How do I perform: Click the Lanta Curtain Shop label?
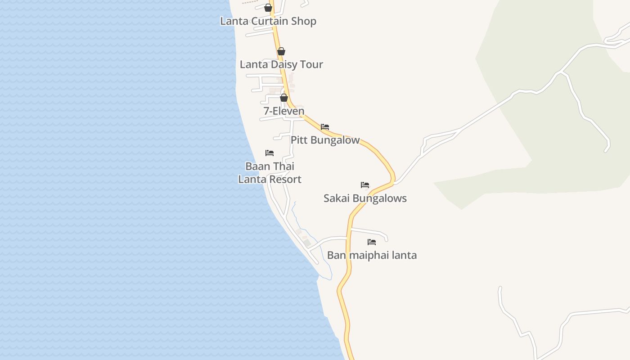point(268,21)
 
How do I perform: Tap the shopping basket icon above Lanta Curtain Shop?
point(268,8)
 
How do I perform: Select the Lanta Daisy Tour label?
point(281,64)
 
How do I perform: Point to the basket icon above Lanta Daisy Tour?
point(281,51)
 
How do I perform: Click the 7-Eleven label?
point(284,111)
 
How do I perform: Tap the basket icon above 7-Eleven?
point(284,98)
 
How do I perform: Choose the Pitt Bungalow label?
point(325,140)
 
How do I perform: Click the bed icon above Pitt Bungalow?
point(325,127)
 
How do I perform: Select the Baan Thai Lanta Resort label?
point(270,173)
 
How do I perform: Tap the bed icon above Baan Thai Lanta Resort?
point(270,153)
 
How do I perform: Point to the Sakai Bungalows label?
point(365,198)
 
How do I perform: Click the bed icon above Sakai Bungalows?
point(365,185)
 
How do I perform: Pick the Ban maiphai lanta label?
point(372,255)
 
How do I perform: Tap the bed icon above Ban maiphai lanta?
point(372,242)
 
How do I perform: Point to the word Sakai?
point(336,198)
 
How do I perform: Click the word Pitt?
point(299,140)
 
